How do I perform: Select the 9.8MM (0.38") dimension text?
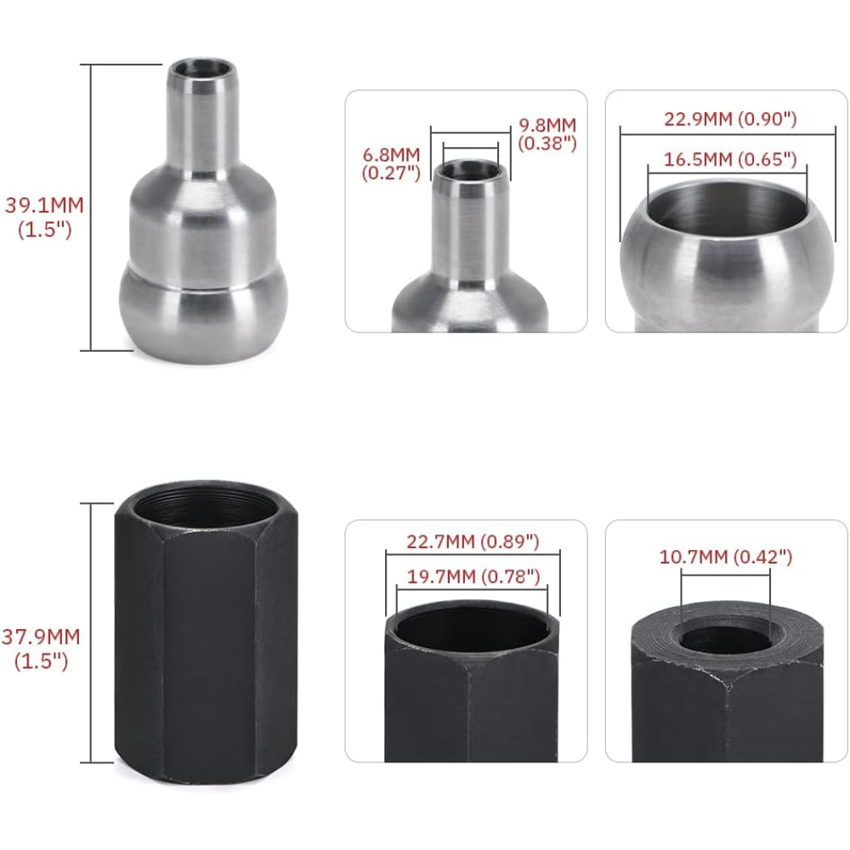pyautogui.click(x=547, y=134)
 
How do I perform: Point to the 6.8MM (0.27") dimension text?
pyautogui.click(x=391, y=164)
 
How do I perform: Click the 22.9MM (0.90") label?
pyautogui.click(x=730, y=119)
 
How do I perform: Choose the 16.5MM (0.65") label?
pyautogui.click(x=730, y=159)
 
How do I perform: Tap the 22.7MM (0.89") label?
pyautogui.click(x=473, y=541)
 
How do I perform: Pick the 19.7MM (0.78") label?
pyautogui.click(x=473, y=576)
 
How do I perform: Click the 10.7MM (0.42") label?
pyautogui.click(x=725, y=557)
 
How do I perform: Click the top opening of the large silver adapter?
pyautogui.click(x=201, y=70)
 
